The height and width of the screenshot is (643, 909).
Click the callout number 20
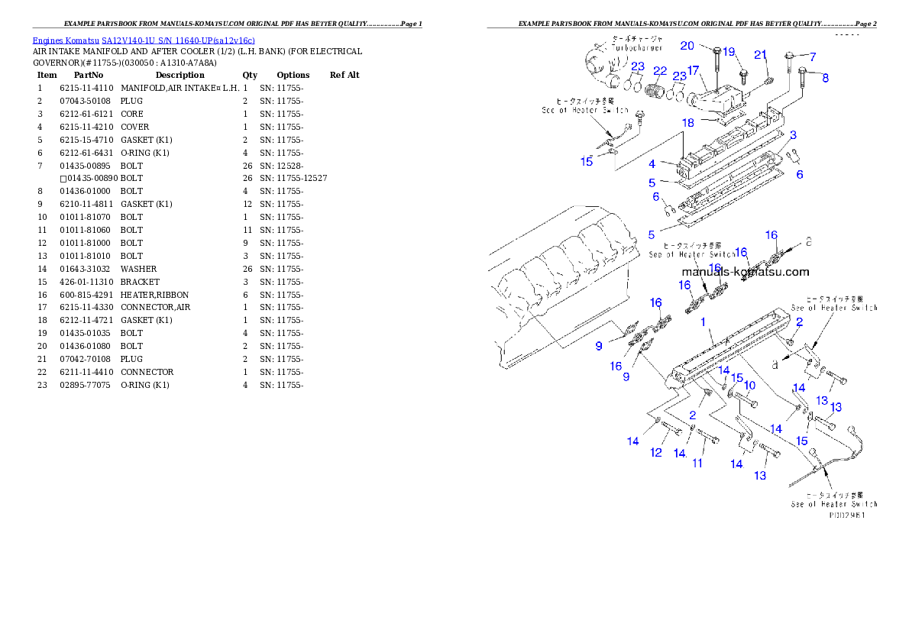click(687, 46)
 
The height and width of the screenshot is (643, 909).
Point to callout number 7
click(813, 57)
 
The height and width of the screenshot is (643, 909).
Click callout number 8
click(825, 77)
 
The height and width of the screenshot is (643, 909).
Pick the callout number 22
click(660, 71)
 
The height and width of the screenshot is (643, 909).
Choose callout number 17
click(693, 71)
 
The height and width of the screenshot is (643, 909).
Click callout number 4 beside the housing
click(652, 164)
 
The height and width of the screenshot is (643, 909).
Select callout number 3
click(794, 135)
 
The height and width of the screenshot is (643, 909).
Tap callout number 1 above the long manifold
click(703, 323)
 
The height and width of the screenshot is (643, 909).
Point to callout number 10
click(749, 385)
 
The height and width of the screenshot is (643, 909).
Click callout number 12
click(656, 453)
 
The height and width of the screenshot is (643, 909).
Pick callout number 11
click(697, 463)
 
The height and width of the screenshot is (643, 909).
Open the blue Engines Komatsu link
click(144, 40)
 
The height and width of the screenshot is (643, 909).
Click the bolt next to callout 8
click(804, 77)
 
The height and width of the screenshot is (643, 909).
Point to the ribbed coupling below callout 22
click(655, 92)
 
